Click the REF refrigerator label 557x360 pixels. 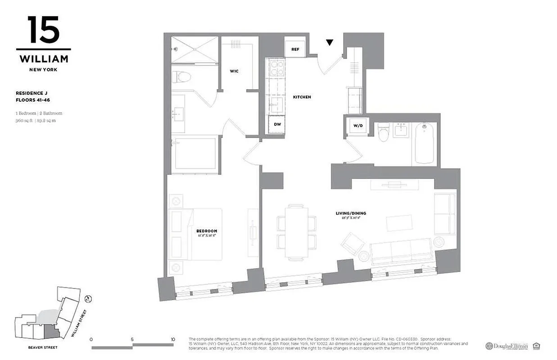[295, 49]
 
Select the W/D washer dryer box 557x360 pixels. [358, 126]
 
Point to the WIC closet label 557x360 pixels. [234, 71]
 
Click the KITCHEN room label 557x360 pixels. [302, 97]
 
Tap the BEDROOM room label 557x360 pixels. [206, 231]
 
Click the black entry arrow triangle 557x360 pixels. [330, 43]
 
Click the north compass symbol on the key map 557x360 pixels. [89, 298]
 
